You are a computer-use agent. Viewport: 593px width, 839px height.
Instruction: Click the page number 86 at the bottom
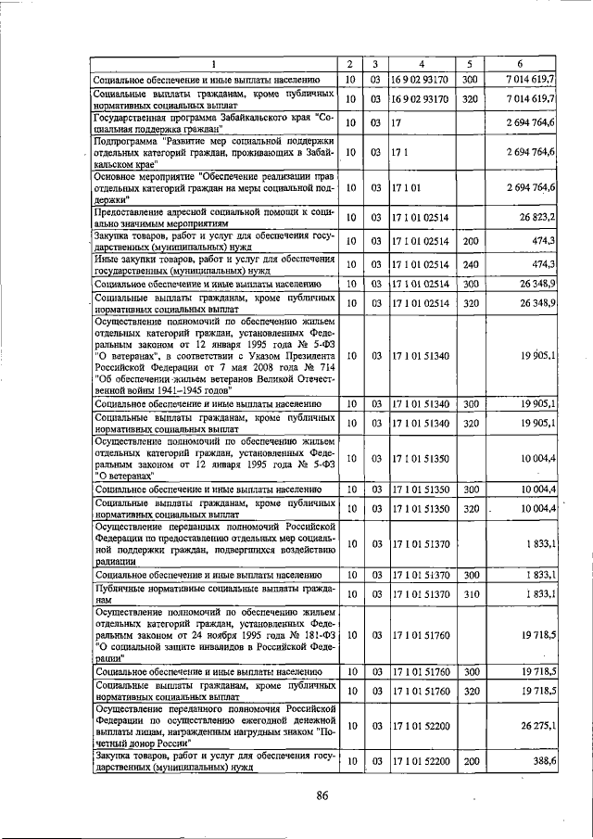(322, 794)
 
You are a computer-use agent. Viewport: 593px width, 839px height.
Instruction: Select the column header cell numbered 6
(523, 64)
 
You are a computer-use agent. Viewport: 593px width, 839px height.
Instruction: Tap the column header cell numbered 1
(213, 64)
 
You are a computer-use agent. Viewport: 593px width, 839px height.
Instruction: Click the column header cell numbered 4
(422, 64)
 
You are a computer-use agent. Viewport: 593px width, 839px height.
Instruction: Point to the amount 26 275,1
(538, 725)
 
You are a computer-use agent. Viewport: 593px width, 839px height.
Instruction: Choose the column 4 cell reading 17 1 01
(406, 188)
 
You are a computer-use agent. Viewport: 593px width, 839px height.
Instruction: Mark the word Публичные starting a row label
(121, 588)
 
